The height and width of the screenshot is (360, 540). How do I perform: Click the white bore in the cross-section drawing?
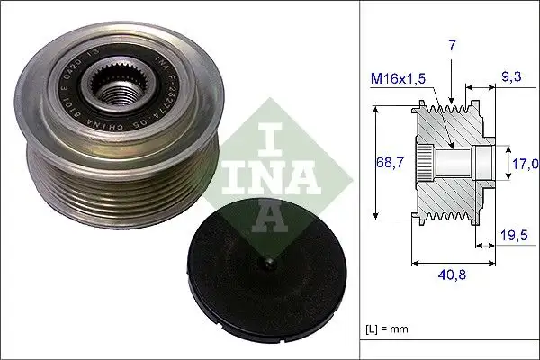pyautogui.click(x=463, y=165)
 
